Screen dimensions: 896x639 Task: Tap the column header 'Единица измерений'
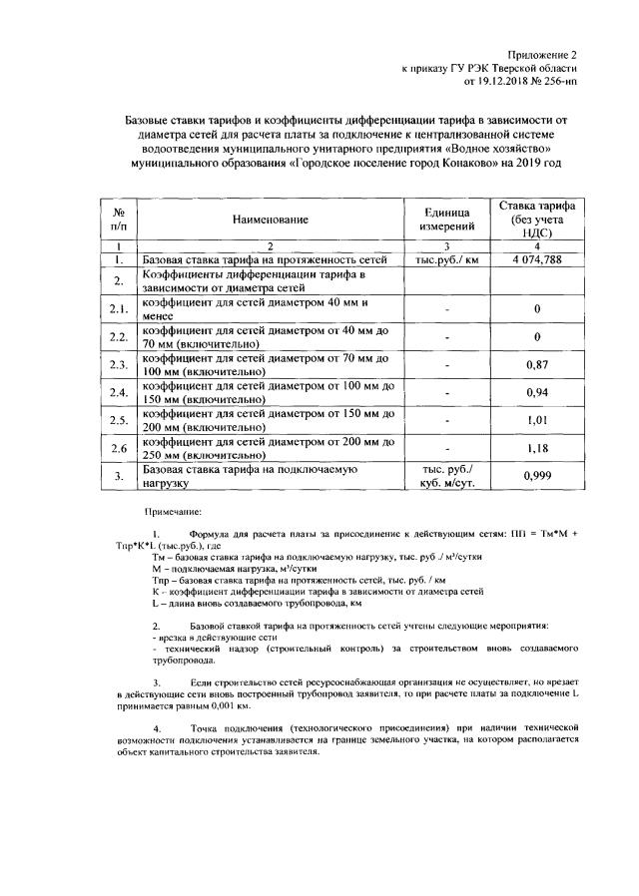tap(446, 220)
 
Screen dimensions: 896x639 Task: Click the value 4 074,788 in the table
tap(538, 259)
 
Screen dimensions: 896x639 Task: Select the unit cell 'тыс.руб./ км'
tap(446, 259)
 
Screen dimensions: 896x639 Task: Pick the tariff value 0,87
tap(538, 364)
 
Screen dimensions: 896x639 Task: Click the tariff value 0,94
tap(538, 392)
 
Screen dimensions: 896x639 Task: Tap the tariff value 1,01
tap(538, 420)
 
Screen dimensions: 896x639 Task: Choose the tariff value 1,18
tap(538, 448)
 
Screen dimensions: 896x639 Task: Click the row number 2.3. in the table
tap(119, 364)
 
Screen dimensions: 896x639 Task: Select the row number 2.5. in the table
tap(119, 420)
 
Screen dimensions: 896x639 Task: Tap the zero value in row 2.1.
tap(538, 309)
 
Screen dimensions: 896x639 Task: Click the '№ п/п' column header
tap(119, 219)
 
